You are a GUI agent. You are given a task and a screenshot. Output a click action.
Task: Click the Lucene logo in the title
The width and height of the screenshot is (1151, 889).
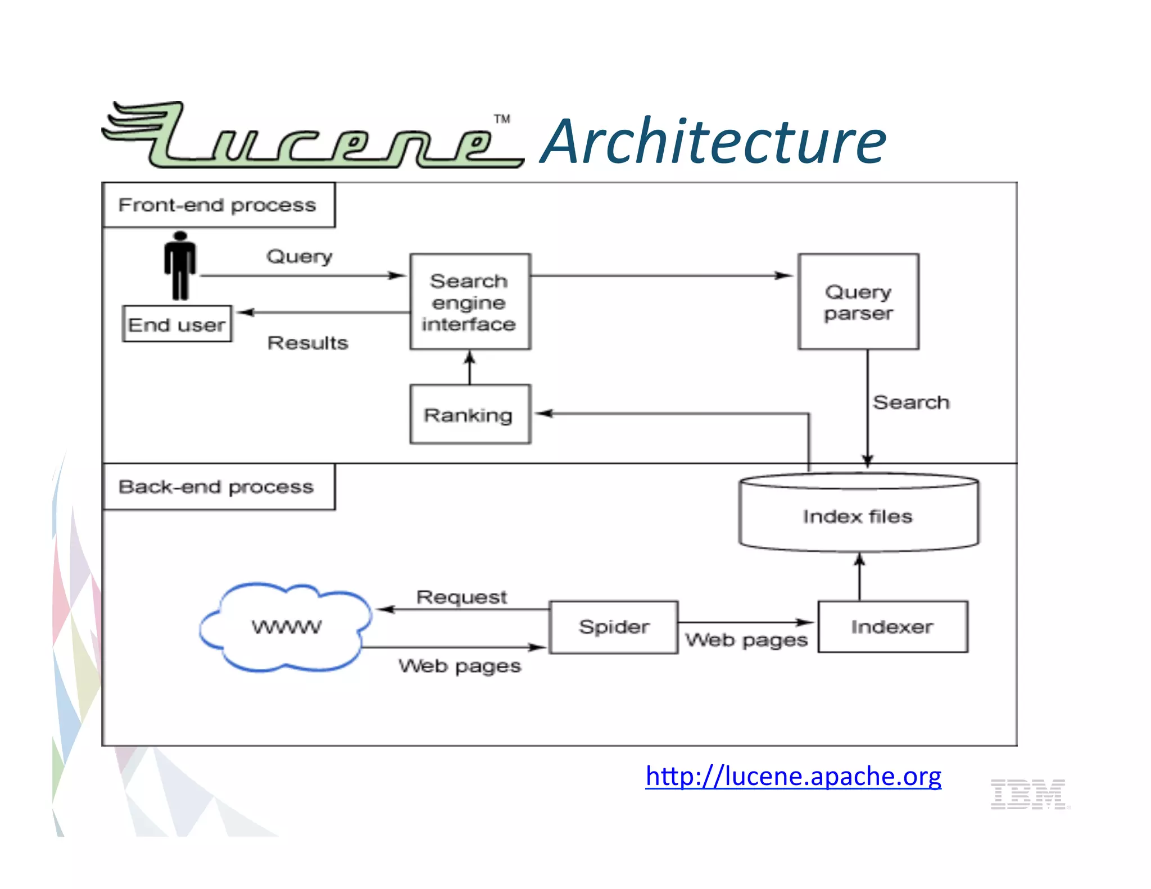312,137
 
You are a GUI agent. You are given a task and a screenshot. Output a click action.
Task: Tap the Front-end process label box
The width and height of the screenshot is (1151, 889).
219,205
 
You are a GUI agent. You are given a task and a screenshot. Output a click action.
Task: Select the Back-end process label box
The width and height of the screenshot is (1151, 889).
219,487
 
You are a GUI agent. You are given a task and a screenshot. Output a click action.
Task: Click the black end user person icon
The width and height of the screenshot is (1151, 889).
180,265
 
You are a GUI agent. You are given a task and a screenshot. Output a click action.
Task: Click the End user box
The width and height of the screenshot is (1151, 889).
177,324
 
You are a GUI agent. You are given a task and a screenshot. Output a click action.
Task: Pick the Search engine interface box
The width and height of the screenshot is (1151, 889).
470,302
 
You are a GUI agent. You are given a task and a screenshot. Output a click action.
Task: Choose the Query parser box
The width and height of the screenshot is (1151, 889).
858,302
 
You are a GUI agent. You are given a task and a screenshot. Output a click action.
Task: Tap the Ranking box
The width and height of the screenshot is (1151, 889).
470,415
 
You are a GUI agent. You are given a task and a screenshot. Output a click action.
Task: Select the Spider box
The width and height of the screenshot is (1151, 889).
614,627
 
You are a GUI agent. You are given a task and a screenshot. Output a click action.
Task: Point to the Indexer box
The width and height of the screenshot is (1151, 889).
892,627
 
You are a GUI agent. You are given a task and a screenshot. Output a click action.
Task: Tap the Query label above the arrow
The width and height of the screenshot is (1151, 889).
299,257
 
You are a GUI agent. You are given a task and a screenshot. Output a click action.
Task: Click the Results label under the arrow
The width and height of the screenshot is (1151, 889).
307,343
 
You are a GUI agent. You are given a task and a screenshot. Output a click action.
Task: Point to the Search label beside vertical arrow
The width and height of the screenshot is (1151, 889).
911,402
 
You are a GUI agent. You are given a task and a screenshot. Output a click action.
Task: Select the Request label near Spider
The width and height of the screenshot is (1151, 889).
461,597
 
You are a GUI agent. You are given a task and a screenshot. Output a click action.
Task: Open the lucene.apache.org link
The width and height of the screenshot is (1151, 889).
793,776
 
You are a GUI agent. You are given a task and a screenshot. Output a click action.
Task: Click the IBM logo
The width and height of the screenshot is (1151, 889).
1029,794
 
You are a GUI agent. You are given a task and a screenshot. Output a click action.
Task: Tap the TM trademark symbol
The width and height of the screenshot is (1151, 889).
502,119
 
